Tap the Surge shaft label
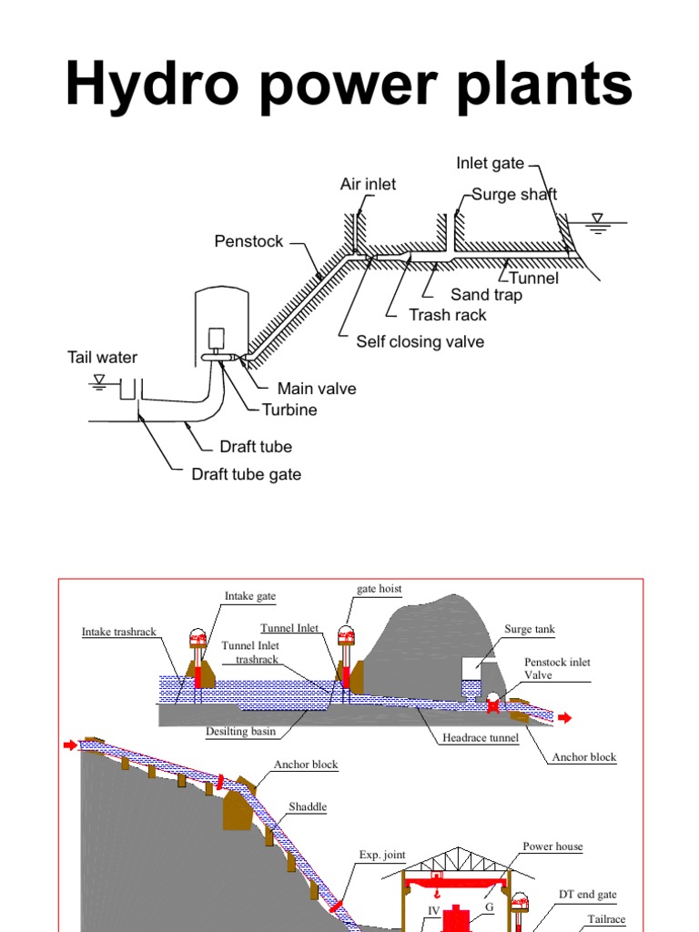coord(514,194)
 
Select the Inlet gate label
coord(491,164)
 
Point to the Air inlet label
coord(368,184)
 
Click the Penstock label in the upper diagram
coord(248,241)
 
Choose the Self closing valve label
coord(420,341)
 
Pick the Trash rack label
coord(447,315)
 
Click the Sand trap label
coord(486,295)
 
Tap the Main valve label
coord(316,389)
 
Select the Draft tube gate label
coord(246,474)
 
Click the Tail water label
coord(102,358)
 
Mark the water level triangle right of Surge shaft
coord(597,219)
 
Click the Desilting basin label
coord(240,731)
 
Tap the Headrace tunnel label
coord(481,738)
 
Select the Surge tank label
coord(529,629)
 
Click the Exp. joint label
coord(381,855)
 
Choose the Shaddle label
coord(308,806)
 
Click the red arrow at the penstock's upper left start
coord(70,746)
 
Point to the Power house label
coord(552,846)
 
